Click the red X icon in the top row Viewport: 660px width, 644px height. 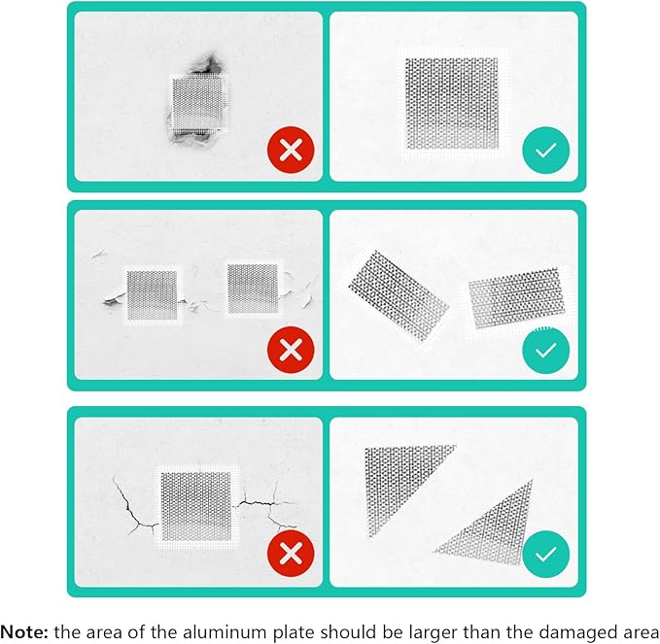coord(290,151)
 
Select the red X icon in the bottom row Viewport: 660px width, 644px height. coord(290,555)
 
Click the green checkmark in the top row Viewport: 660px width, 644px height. coord(545,151)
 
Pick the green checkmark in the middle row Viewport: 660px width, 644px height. coord(545,349)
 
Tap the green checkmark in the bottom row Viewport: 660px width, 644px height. coord(545,555)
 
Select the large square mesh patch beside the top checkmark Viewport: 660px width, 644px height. coord(453,102)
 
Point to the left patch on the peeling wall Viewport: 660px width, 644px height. coord(153,294)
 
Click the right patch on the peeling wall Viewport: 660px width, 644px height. coord(252,288)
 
